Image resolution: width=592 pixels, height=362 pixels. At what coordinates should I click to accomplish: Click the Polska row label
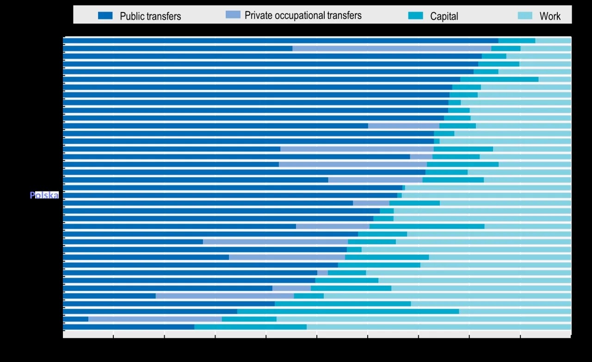[44, 195]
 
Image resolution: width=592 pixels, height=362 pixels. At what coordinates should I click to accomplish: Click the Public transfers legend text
[150, 16]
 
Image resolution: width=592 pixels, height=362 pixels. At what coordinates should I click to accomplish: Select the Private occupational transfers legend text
[303, 15]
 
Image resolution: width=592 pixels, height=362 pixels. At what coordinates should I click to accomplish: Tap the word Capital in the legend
[444, 16]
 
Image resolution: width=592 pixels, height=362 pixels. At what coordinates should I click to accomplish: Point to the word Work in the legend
[550, 16]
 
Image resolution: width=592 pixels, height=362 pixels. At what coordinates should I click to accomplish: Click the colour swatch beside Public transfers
[105, 16]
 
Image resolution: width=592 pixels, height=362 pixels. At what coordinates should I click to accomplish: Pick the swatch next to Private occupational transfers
[233, 15]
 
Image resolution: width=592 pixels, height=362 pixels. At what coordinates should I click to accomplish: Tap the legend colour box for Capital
[415, 16]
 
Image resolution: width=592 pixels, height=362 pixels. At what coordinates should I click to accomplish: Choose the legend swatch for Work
[525, 16]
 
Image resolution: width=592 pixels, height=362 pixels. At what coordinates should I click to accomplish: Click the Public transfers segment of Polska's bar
[230, 195]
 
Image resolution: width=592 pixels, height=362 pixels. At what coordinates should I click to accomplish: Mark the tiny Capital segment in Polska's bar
[400, 195]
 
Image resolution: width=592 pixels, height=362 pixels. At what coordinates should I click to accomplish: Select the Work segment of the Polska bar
[486, 195]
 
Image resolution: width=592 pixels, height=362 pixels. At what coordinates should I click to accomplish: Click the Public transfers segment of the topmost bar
[280, 41]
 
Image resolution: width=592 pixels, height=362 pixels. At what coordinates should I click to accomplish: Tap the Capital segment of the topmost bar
[517, 41]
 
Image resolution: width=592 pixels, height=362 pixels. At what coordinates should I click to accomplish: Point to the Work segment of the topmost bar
[553, 41]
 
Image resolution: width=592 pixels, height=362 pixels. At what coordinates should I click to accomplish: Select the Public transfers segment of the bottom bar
[129, 327]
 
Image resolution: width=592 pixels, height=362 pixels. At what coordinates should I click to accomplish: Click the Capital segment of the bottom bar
[250, 327]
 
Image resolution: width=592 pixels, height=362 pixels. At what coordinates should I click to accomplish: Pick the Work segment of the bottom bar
[438, 327]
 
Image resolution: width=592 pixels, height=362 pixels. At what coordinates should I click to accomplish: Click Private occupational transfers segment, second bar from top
[392, 48]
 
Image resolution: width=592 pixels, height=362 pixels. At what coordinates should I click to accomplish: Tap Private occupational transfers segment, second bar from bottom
[155, 319]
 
